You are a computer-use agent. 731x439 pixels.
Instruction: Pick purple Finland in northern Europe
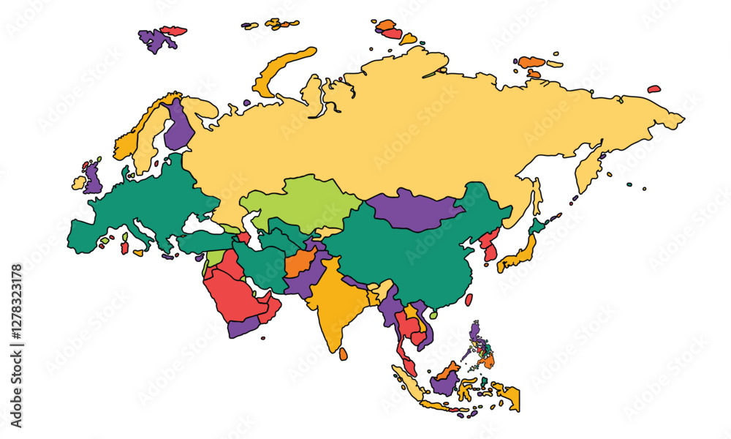tap(177, 127)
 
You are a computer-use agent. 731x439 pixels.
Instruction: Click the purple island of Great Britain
tap(92, 179)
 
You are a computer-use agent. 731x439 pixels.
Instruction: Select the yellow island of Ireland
tap(78, 182)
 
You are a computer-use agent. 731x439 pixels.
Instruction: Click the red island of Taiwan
tap(469, 299)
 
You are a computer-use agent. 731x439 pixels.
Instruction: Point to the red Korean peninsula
tap(491, 245)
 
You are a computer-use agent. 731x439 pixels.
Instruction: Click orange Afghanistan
tap(300, 260)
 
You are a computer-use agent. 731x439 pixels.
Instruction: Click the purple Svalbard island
tap(154, 40)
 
